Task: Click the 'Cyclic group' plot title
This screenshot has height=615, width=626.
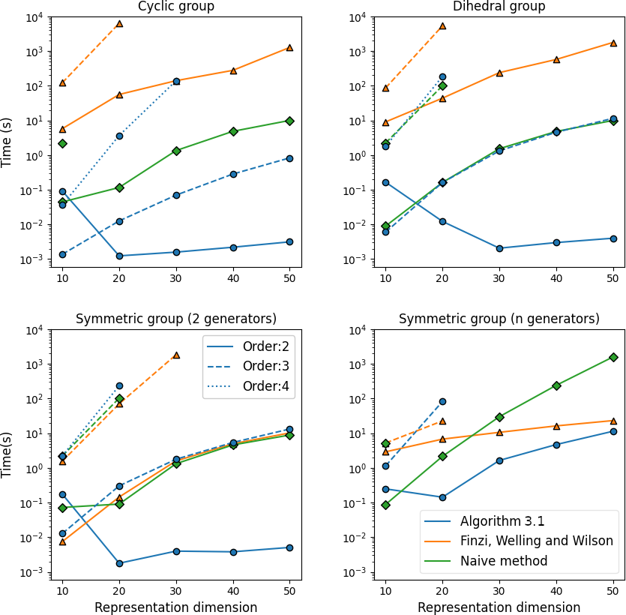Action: coord(176,7)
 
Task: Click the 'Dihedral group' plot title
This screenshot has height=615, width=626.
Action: coord(499,7)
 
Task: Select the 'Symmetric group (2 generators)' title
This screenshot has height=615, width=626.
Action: coord(176,319)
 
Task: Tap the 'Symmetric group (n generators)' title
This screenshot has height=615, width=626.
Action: coord(499,319)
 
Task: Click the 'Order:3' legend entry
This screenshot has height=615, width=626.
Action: coord(268,367)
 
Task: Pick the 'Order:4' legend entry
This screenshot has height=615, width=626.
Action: coord(268,387)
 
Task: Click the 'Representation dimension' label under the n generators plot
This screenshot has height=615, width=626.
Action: coord(499,607)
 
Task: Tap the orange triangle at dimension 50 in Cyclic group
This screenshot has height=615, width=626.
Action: coord(289,48)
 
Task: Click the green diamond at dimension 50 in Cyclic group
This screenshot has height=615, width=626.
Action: coord(289,121)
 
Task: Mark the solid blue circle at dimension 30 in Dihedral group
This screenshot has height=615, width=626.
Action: coord(499,248)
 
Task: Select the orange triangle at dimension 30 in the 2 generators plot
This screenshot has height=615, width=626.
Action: coord(176,355)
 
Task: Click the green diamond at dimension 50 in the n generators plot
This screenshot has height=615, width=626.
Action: coord(613,357)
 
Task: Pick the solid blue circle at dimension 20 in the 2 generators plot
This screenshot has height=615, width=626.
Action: coord(119,563)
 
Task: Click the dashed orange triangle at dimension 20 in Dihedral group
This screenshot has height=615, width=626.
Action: coord(442,25)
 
